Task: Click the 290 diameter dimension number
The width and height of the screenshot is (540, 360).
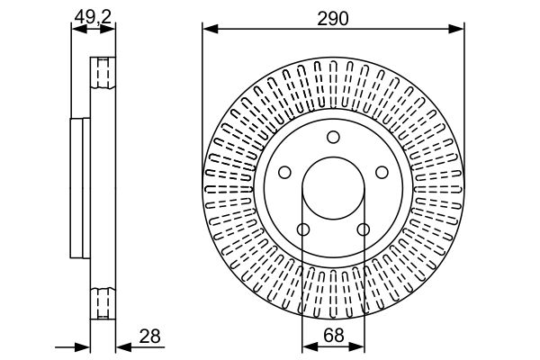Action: [x=332, y=14]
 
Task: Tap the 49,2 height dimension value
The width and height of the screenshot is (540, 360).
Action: [x=94, y=14]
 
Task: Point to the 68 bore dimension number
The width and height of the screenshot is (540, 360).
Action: [x=332, y=335]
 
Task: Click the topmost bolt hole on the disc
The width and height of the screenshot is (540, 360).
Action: [x=333, y=137]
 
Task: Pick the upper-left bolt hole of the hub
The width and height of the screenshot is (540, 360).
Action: [x=283, y=173]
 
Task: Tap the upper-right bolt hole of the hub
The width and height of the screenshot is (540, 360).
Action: [x=382, y=173]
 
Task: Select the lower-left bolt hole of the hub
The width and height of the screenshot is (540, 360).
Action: [x=302, y=230]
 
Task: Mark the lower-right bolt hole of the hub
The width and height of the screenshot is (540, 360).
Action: [x=363, y=230]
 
